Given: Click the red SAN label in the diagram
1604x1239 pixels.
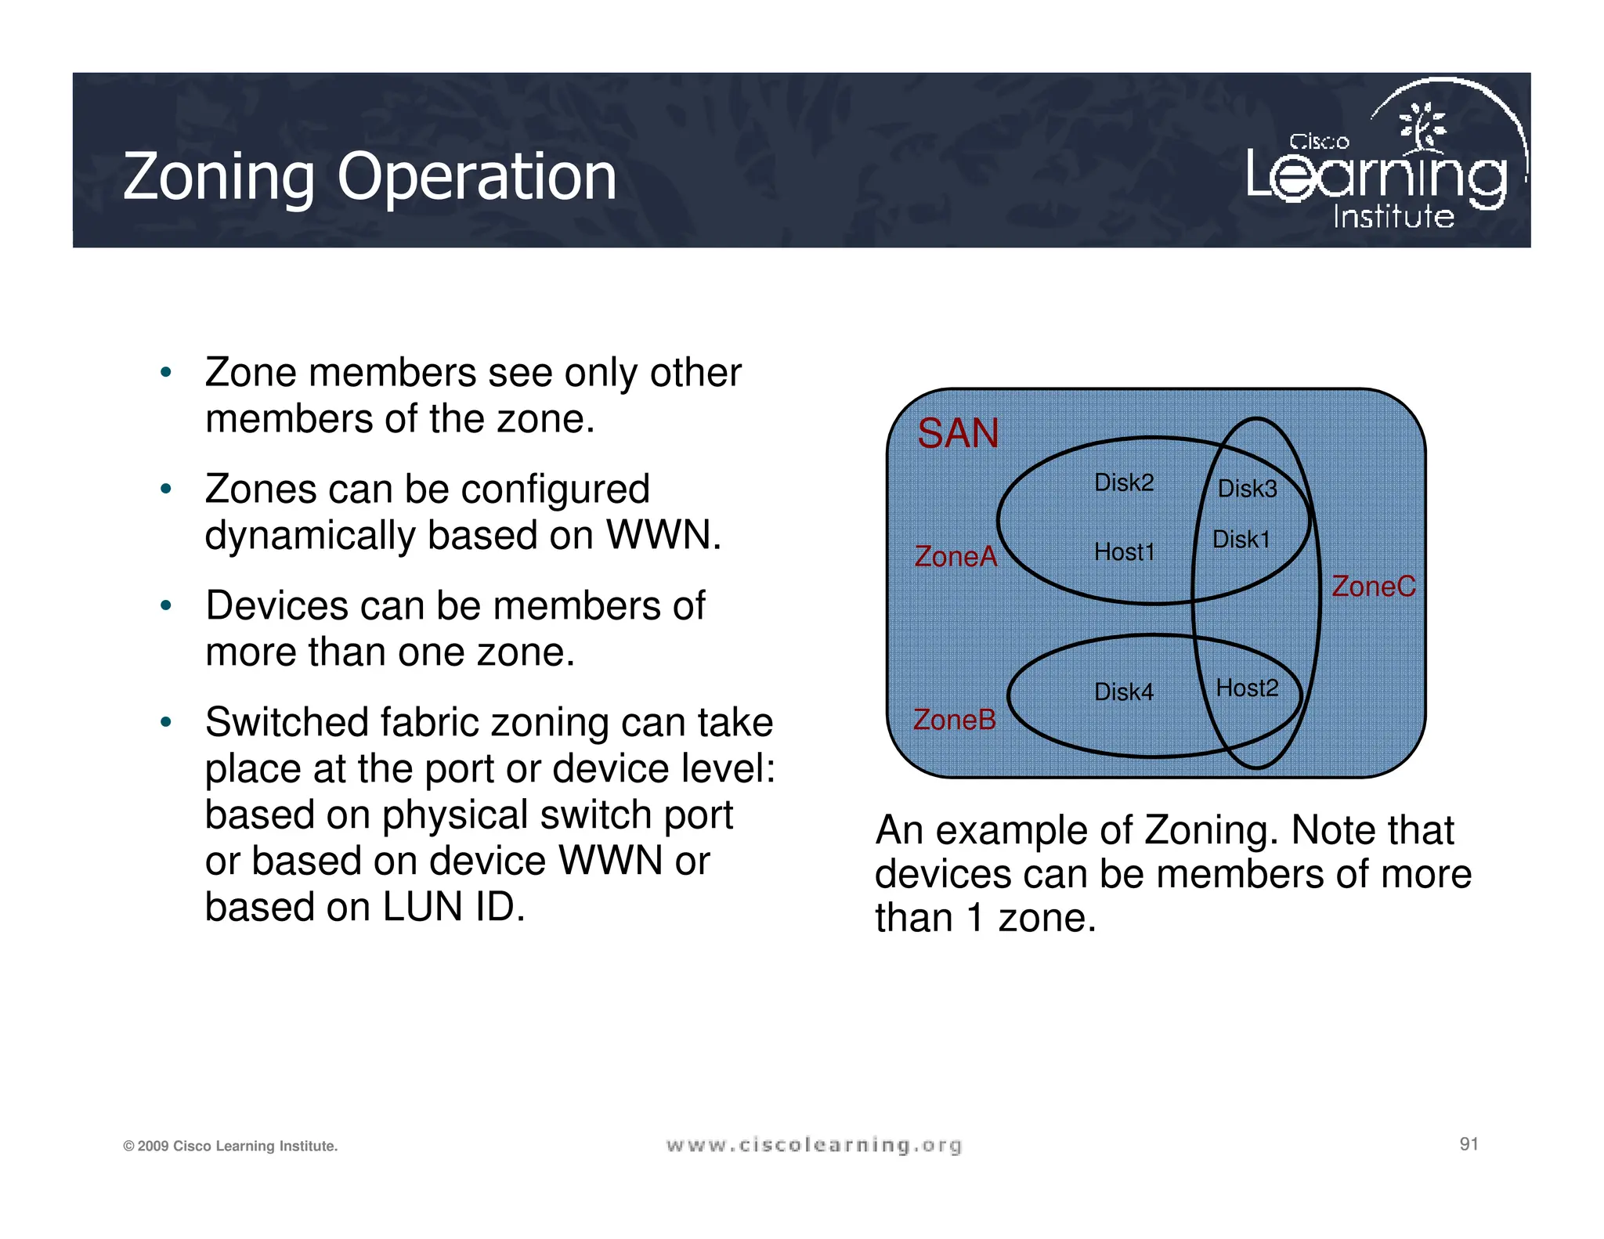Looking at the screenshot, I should pos(957,433).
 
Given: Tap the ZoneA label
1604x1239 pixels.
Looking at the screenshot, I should pos(956,556).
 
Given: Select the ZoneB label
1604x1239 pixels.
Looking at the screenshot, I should pos(954,720).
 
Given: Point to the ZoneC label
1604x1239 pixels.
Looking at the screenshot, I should pos(1374,586).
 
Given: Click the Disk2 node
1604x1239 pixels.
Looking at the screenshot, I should pos(1123,482).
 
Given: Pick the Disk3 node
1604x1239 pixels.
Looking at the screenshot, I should pos(1247,489).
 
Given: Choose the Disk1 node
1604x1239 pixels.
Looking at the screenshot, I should pos(1241,539).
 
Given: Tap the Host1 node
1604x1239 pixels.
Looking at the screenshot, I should pos(1124,552).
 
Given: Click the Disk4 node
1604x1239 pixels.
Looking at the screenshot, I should pos(1123,692).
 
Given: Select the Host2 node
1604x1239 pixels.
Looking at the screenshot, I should pos(1247,688).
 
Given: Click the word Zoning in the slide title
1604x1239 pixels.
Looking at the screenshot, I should pos(219,178).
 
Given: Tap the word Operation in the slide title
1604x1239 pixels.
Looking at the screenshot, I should pos(476,178).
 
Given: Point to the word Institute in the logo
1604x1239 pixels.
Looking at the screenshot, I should pos(1393,216).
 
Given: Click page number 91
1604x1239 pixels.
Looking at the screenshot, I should pos(1469,1144).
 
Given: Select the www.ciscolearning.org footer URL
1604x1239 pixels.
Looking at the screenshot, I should pos(814,1145).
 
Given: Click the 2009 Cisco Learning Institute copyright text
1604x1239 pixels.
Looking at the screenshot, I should pos(230,1146).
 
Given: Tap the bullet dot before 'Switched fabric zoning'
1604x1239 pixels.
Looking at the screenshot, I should pos(165,722).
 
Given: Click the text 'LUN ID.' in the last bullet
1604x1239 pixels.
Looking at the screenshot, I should pos(453,907).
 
